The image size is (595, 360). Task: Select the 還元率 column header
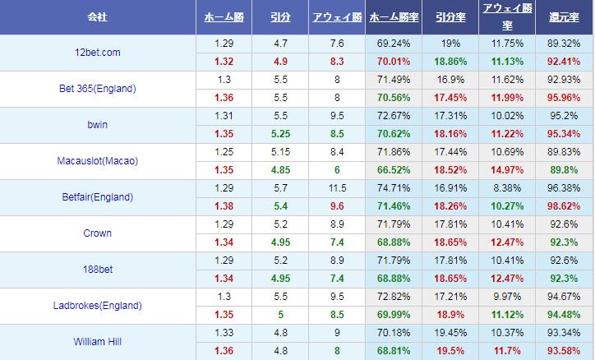click(x=565, y=17)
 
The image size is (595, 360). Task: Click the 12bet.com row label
click(x=97, y=53)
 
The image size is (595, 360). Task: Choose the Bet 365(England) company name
click(x=98, y=89)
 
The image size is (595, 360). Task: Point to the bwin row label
click(x=98, y=125)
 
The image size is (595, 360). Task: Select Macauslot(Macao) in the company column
click(x=98, y=161)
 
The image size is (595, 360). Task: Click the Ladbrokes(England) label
click(x=98, y=306)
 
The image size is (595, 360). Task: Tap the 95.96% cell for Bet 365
click(x=565, y=96)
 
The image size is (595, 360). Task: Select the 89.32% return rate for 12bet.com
click(x=565, y=44)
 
